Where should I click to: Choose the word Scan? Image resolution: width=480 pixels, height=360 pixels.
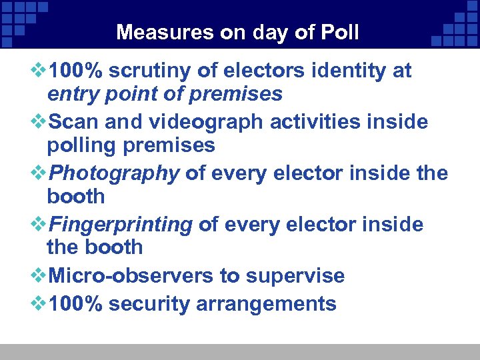tap(73, 122)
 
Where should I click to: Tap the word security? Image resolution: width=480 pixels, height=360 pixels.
tap(149, 304)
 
